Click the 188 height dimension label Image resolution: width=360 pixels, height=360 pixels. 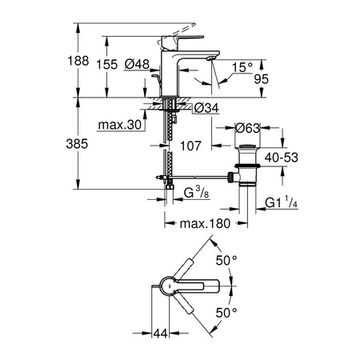[78, 61]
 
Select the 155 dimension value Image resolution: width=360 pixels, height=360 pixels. [107, 65]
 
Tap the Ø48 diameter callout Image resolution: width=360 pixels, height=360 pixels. [137, 64]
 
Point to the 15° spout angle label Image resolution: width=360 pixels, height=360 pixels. [242, 67]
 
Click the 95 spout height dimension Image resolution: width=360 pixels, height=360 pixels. [262, 79]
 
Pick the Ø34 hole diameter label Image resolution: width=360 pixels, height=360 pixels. [206, 108]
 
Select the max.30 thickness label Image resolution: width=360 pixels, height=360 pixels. [120, 125]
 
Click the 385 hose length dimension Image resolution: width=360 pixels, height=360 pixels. [77, 144]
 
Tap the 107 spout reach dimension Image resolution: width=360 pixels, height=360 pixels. [190, 146]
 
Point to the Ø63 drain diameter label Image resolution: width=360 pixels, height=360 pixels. [247, 128]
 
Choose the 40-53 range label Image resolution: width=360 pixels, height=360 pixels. [282, 158]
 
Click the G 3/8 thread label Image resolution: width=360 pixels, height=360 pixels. [197, 192]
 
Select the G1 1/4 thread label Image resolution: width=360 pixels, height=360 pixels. [281, 202]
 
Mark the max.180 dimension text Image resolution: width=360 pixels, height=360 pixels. [205, 223]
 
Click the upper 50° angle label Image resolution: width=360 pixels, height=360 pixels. [226, 260]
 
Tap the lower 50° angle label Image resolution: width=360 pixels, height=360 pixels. [226, 313]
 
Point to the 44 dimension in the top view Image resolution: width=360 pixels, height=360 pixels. [161, 333]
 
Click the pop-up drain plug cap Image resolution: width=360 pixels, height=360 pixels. [247, 146]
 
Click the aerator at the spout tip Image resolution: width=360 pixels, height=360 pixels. [211, 58]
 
